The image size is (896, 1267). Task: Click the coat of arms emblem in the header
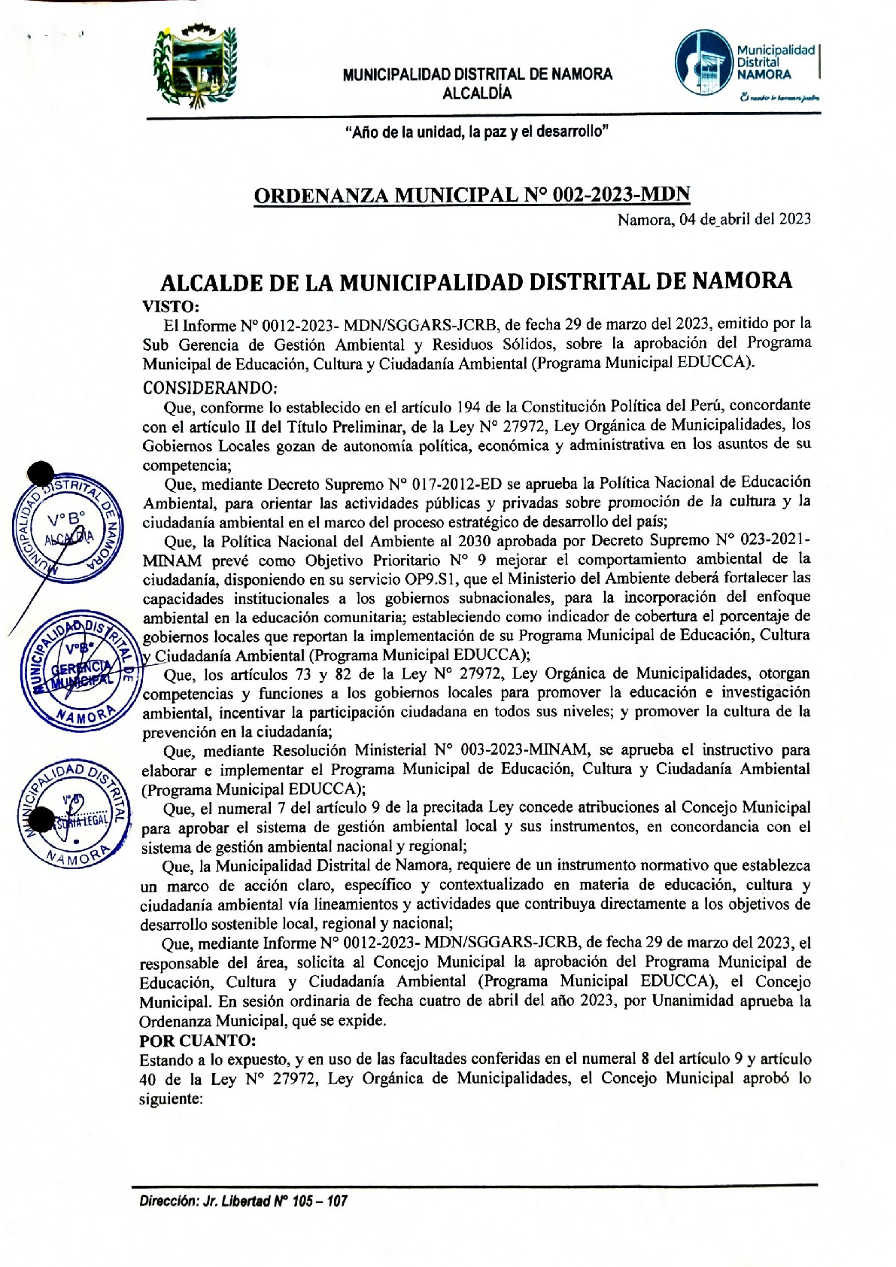(195, 65)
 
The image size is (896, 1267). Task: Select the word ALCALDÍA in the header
(477, 93)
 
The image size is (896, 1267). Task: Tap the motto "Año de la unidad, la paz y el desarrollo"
(477, 132)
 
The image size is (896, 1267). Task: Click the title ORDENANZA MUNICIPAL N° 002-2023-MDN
(472, 196)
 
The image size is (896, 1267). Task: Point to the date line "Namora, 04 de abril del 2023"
(714, 219)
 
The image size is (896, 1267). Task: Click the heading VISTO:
(171, 306)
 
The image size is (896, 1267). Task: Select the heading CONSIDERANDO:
(210, 388)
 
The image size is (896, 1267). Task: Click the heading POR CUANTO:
(198, 1041)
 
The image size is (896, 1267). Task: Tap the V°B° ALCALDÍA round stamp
(67, 528)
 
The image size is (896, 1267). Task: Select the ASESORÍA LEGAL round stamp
(74, 813)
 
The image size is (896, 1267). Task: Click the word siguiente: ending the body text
(171, 1098)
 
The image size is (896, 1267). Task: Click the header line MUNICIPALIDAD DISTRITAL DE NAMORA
(477, 74)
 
